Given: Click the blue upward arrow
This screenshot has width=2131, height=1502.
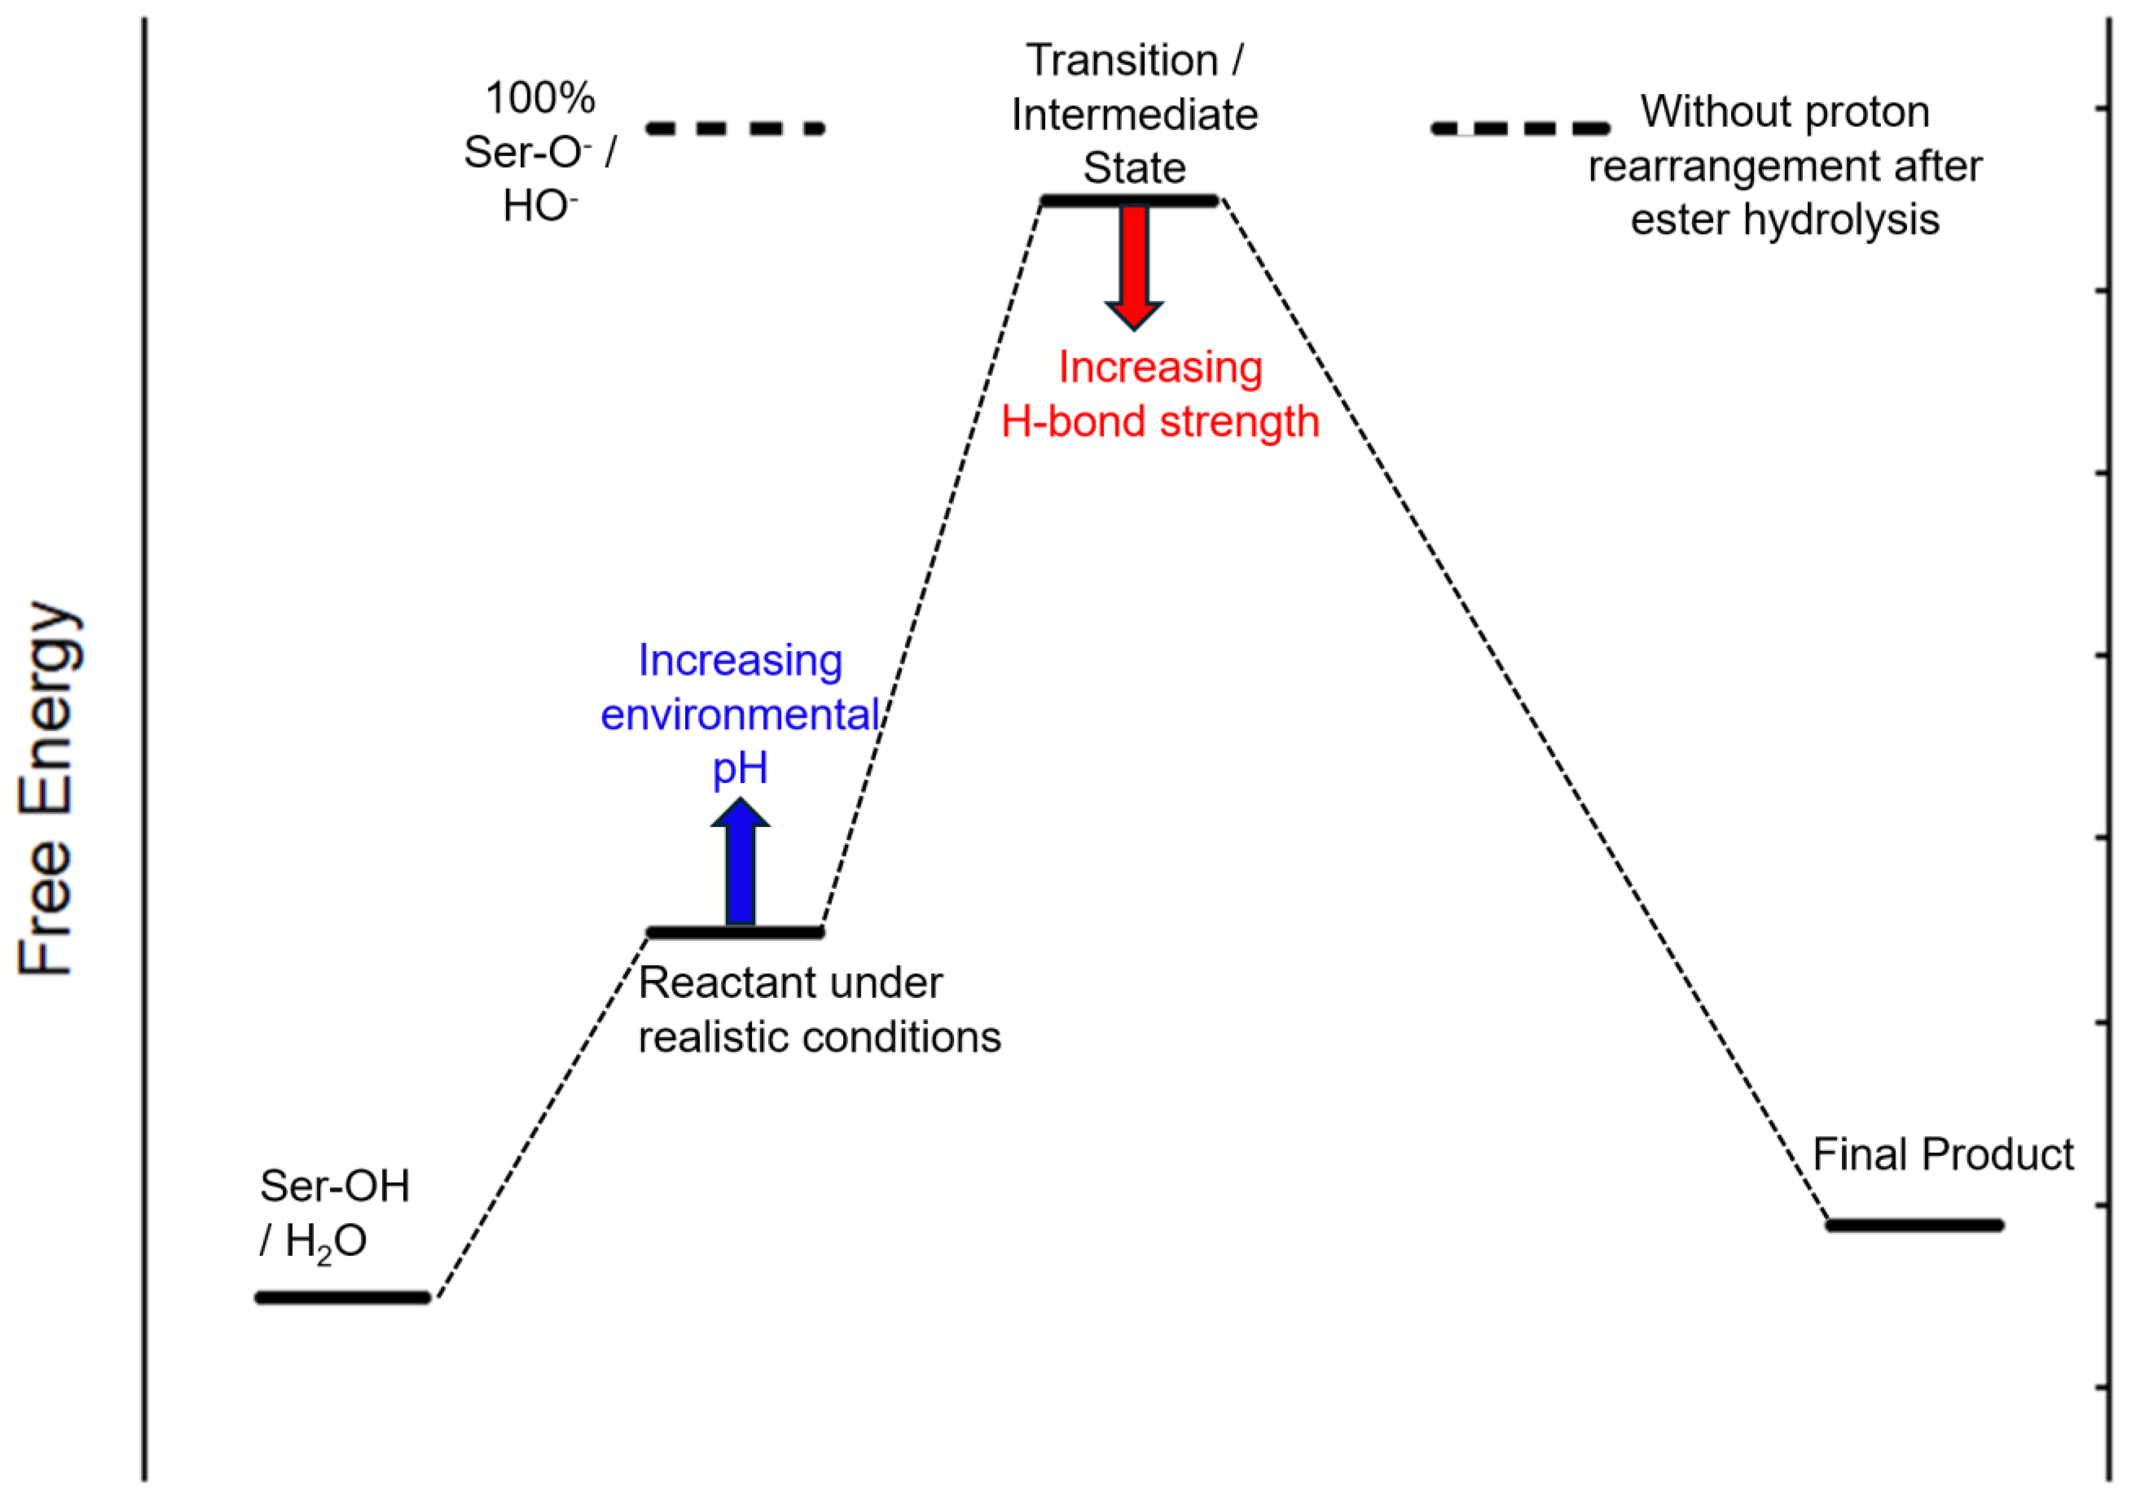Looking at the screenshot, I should (x=740, y=863).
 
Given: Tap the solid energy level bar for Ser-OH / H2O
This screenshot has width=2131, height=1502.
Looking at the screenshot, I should (x=343, y=1297).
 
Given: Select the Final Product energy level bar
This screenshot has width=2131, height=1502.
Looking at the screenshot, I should (x=1915, y=1225).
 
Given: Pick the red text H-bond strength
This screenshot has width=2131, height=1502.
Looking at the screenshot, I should (x=1160, y=422).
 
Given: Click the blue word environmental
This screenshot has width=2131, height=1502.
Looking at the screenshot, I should (x=740, y=715).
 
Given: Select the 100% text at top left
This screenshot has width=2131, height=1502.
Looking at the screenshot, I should (x=540, y=98).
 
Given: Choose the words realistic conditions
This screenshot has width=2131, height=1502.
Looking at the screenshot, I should (x=820, y=1037).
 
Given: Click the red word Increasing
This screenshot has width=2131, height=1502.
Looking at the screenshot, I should (x=1160, y=367).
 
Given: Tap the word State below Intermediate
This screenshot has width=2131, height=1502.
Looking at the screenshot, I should (x=1134, y=169).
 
